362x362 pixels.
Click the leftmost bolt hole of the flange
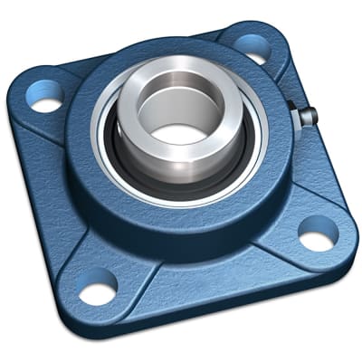(46, 96)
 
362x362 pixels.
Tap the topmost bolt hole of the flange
(252, 46)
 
